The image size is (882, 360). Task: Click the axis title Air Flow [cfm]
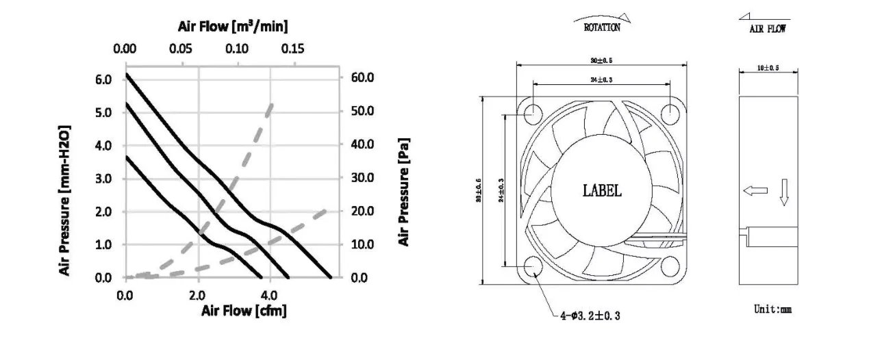(x=243, y=310)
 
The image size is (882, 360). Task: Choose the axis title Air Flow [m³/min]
(x=234, y=27)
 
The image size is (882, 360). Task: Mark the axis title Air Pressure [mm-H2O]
(x=65, y=200)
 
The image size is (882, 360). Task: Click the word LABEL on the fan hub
(x=602, y=191)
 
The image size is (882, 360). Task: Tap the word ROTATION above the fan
(x=602, y=29)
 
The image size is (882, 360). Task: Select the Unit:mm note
(x=772, y=309)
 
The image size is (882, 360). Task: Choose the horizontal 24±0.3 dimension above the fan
(x=602, y=81)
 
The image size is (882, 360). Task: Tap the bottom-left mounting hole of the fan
(x=535, y=268)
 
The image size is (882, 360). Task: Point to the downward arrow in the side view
(x=784, y=193)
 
